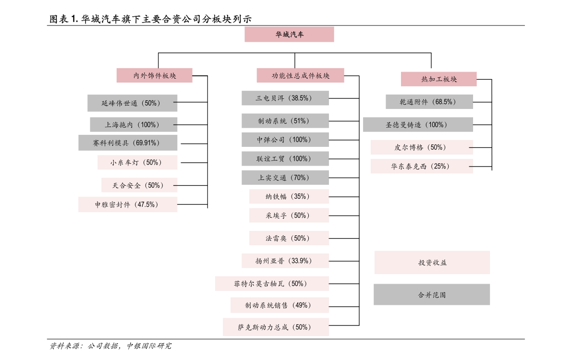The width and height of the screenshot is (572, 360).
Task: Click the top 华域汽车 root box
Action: pos(289,35)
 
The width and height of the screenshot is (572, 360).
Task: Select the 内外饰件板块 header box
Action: pos(154,75)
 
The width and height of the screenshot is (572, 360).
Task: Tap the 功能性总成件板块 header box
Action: pos(300,75)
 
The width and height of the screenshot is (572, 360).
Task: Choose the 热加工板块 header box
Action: pos(438,79)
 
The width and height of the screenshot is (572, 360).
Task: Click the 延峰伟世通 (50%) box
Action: pos(133,103)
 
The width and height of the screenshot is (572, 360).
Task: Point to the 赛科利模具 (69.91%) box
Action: pos(128,143)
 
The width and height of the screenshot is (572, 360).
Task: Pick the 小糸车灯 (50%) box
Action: pos(137,162)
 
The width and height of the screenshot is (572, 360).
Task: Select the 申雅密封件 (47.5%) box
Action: pos(128,204)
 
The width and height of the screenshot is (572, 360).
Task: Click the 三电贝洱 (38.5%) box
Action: pos(285,98)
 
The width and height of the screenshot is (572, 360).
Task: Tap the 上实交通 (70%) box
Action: pos(285,178)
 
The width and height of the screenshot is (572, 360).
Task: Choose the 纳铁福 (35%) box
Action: pos(289,197)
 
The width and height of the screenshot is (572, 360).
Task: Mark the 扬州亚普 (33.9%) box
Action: pos(285,261)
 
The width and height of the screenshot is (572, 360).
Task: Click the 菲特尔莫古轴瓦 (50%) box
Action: pos(272,283)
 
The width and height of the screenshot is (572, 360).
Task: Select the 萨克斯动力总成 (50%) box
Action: pos(276,327)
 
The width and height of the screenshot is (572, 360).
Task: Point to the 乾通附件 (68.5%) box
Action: pos(429,102)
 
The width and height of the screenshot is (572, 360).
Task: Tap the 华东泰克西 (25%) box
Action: pos(422,167)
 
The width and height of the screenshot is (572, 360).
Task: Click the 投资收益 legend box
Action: pos(432,263)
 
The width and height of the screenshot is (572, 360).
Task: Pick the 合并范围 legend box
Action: pos(432,295)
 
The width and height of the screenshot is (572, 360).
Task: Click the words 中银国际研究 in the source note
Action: pos(149,346)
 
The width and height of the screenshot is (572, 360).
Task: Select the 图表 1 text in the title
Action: pos(64,19)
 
